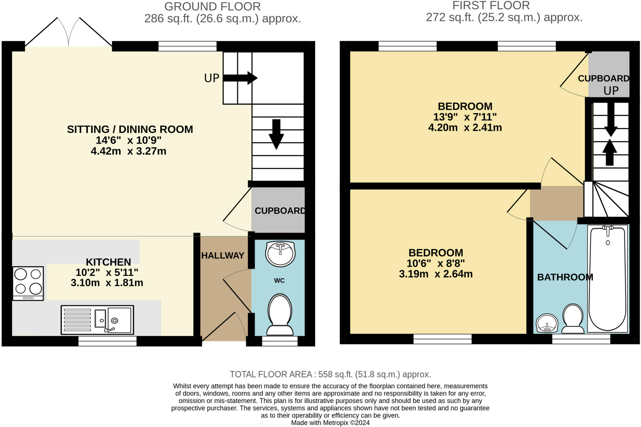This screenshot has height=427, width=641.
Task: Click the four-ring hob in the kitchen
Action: [28, 283]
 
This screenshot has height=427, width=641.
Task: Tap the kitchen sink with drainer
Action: [97, 320]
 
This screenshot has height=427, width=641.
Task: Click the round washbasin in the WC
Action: [280, 253]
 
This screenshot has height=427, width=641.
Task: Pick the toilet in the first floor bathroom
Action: [573, 319]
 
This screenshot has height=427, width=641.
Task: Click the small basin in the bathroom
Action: [547, 323]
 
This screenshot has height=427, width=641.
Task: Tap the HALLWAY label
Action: [223, 255]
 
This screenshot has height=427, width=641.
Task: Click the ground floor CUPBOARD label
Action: [280, 211]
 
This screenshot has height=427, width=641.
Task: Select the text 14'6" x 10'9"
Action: [129, 140]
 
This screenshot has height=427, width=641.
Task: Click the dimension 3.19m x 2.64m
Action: [436, 274]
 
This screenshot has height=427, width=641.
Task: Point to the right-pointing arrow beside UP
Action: [240, 78]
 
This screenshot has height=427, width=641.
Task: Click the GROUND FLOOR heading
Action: [212, 6]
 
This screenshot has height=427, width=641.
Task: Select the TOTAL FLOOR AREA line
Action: [330, 374]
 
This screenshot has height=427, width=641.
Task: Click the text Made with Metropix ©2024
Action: [330, 423]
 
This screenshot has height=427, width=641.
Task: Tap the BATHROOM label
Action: [565, 277]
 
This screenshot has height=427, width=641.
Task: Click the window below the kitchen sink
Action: [107, 341]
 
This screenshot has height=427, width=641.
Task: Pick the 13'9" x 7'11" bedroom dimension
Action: [465, 117]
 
